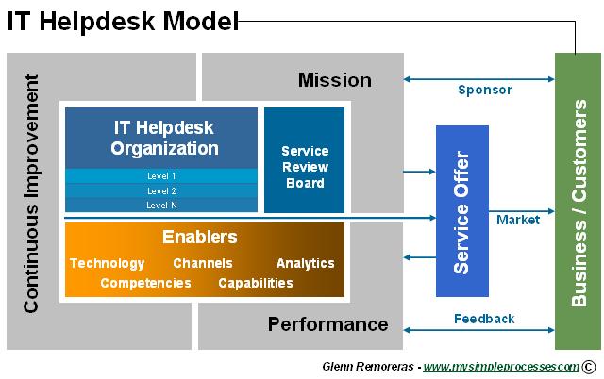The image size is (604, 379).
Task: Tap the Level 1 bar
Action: point(161,176)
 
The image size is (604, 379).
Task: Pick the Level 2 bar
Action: point(161,190)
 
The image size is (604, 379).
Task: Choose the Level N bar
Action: point(161,205)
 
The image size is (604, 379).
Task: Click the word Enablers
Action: point(200,238)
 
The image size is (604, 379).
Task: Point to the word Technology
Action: point(108,263)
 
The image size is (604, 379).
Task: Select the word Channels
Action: point(203,263)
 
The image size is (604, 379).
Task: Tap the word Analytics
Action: point(305,263)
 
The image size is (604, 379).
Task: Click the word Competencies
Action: point(147,283)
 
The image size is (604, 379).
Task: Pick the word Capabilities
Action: point(256,283)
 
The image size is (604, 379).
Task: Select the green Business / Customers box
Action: point(578,201)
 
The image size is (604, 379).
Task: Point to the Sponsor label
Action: point(485,91)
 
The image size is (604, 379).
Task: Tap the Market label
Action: point(518,220)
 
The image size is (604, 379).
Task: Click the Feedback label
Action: point(484,319)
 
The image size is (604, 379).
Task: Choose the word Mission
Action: point(335,80)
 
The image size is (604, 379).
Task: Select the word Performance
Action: point(327,324)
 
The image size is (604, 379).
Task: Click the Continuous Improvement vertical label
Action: point(33,201)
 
